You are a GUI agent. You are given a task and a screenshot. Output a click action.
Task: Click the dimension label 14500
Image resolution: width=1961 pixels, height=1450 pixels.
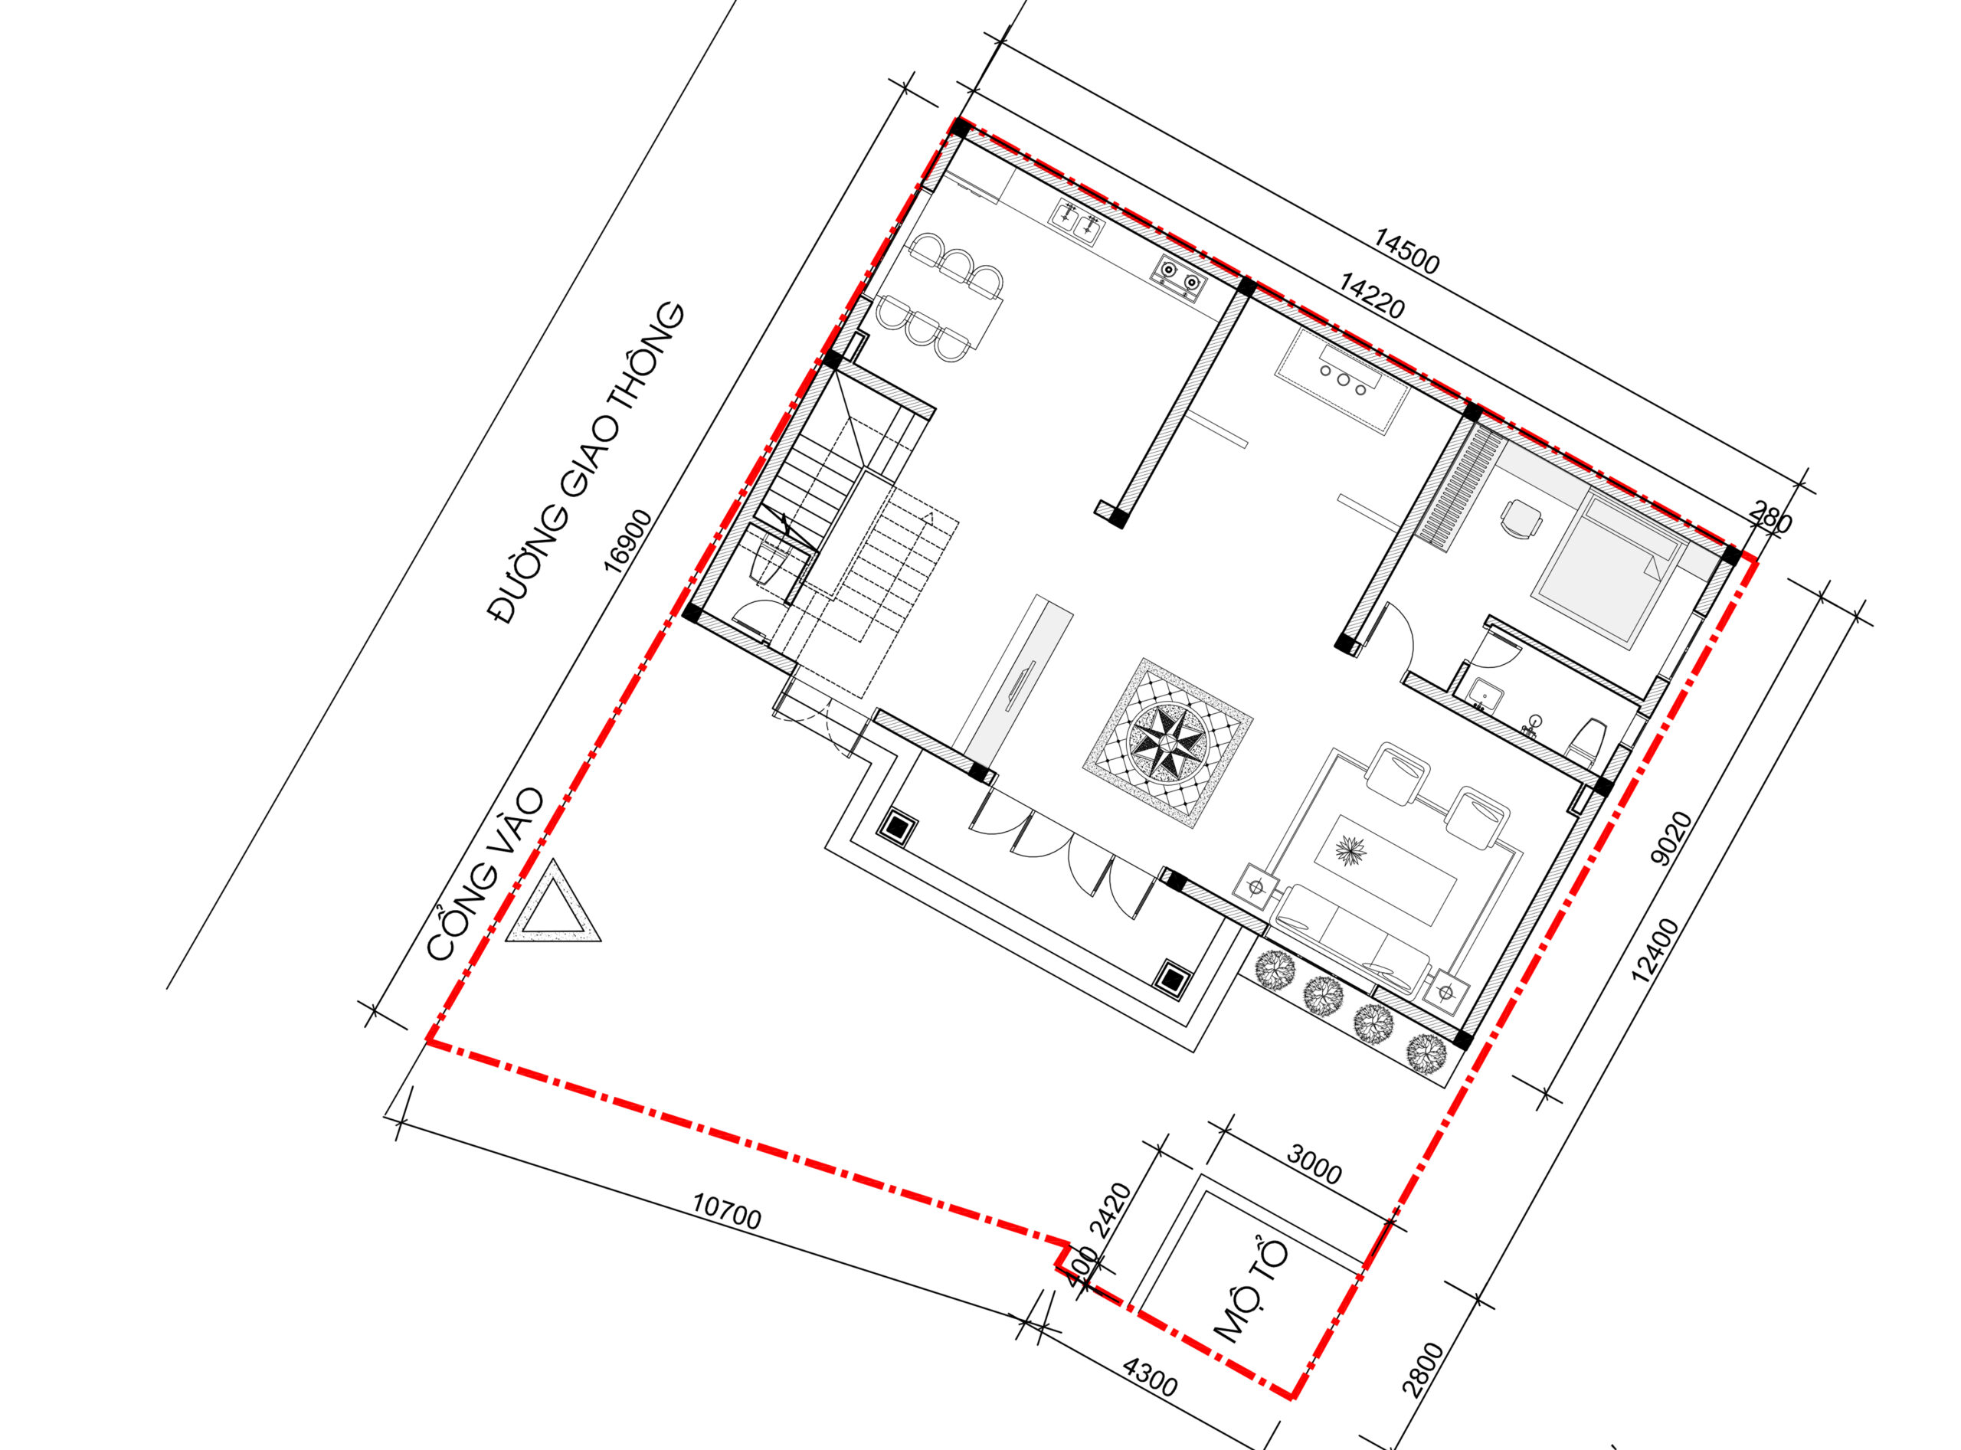1406,250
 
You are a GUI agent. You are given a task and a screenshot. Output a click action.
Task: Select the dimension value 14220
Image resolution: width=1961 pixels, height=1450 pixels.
1373,296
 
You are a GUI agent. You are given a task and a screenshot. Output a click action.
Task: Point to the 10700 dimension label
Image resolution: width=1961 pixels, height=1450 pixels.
727,1211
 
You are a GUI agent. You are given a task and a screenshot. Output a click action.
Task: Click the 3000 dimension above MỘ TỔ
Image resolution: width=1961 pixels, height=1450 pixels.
1314,1163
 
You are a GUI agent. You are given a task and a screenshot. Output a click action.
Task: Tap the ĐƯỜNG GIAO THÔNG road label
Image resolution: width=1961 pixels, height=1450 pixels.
585,463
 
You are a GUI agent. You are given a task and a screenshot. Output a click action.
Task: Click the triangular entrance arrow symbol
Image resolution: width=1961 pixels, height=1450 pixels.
554,902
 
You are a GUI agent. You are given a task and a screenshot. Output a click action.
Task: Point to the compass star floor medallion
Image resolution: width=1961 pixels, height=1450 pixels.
1168,742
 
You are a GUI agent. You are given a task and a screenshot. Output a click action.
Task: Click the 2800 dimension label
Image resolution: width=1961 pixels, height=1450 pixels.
1423,1370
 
